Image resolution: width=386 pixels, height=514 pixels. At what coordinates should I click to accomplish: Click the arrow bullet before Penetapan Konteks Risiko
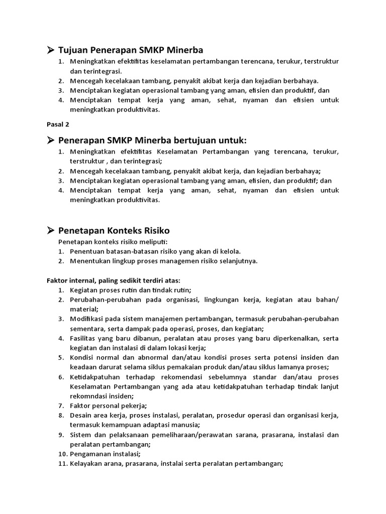point(50,230)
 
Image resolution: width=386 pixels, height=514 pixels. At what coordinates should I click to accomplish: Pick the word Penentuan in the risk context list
point(86,251)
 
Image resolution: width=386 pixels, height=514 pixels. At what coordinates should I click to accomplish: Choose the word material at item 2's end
point(83,309)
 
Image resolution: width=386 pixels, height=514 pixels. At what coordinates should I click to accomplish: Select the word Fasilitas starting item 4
point(84,338)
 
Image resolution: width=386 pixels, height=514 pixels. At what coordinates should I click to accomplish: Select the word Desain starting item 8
point(81,415)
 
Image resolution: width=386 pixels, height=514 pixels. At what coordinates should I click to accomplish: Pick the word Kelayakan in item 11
point(87,464)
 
